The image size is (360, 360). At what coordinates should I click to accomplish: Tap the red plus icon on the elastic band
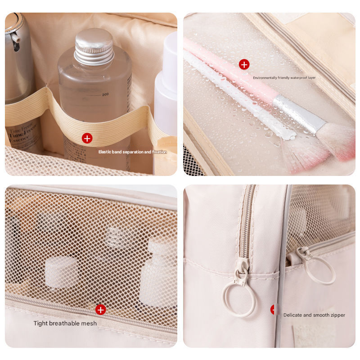pyautogui.click(x=87, y=138)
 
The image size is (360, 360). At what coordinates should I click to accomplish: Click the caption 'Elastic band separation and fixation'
pyautogui.click(x=132, y=152)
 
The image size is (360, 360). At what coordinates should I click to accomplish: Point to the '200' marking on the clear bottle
pyautogui.click(x=106, y=94)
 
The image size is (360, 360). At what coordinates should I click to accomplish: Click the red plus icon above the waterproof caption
pyautogui.click(x=244, y=64)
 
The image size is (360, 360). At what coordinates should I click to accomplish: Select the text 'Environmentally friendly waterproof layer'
pyautogui.click(x=284, y=78)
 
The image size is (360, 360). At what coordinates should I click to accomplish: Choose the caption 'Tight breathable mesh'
pyautogui.click(x=65, y=323)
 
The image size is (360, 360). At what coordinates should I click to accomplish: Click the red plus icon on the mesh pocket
pyautogui.click(x=101, y=310)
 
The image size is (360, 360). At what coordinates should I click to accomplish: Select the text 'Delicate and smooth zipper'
pyautogui.click(x=314, y=315)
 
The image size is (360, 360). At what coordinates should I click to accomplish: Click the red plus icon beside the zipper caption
pyautogui.click(x=274, y=310)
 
